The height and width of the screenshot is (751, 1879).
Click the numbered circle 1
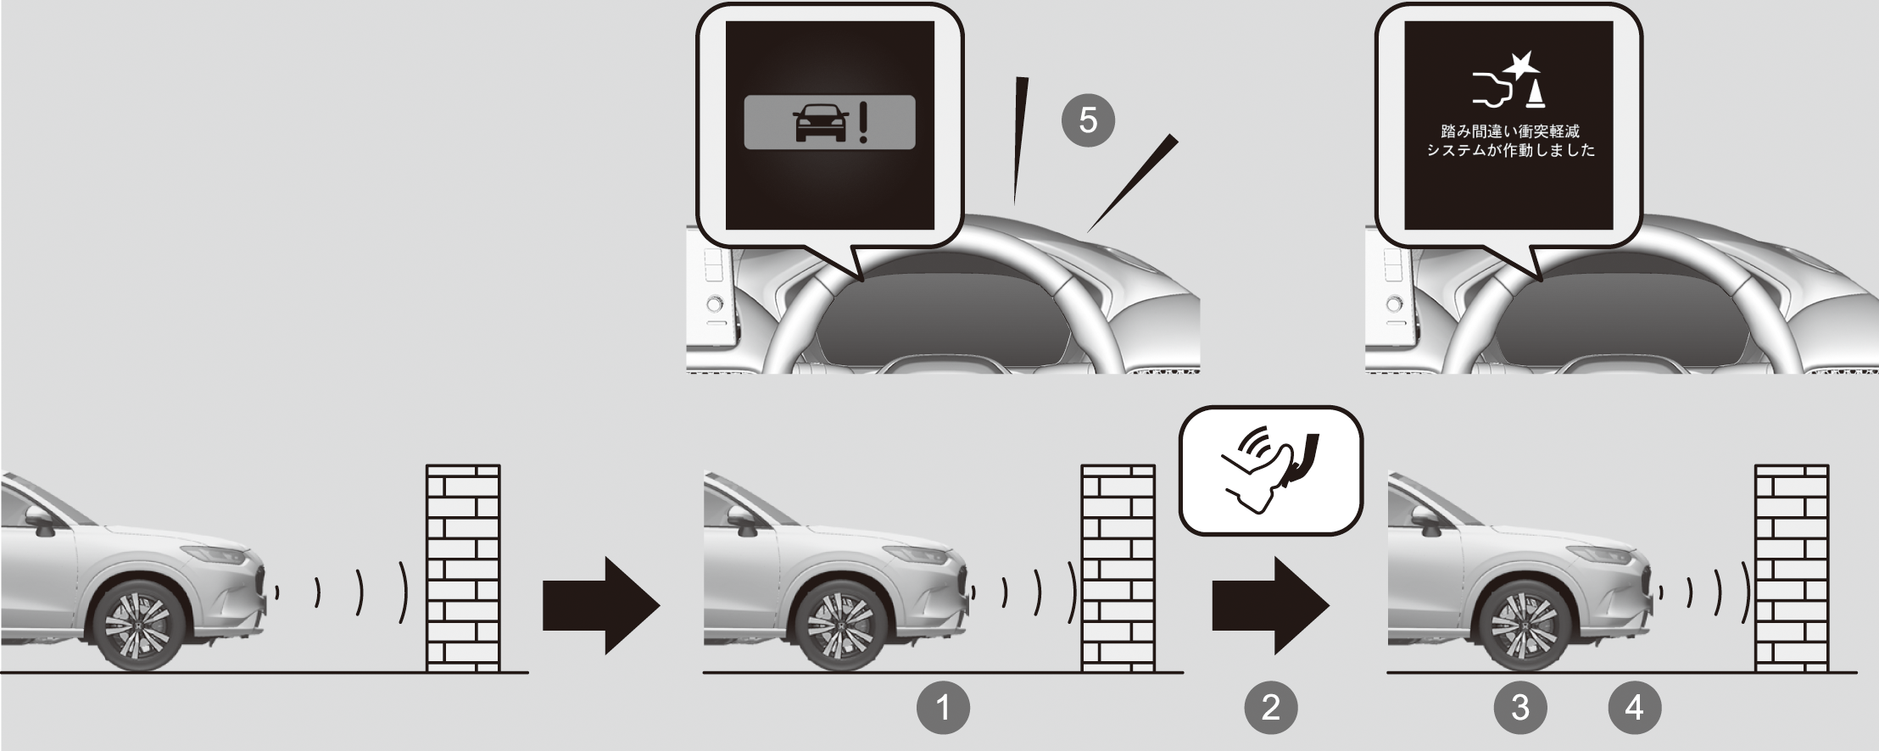[x=944, y=706]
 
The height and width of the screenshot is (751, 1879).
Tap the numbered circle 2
[x=1270, y=706]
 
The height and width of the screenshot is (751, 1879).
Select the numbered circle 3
[x=1520, y=706]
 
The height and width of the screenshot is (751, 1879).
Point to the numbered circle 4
[x=1634, y=706]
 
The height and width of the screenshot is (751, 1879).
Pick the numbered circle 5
[x=1088, y=120]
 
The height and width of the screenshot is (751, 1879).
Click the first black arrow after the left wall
[x=601, y=605]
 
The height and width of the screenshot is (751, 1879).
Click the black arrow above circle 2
[x=1270, y=605]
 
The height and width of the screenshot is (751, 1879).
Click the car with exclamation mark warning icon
[x=830, y=123]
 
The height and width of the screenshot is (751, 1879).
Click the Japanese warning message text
[x=1510, y=141]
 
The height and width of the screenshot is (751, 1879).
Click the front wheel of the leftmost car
[x=139, y=625]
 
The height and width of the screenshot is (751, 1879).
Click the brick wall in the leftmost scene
[x=463, y=568]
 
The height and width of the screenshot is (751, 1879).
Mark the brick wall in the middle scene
[x=1118, y=568]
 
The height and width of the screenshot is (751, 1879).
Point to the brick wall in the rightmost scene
[x=1792, y=568]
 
